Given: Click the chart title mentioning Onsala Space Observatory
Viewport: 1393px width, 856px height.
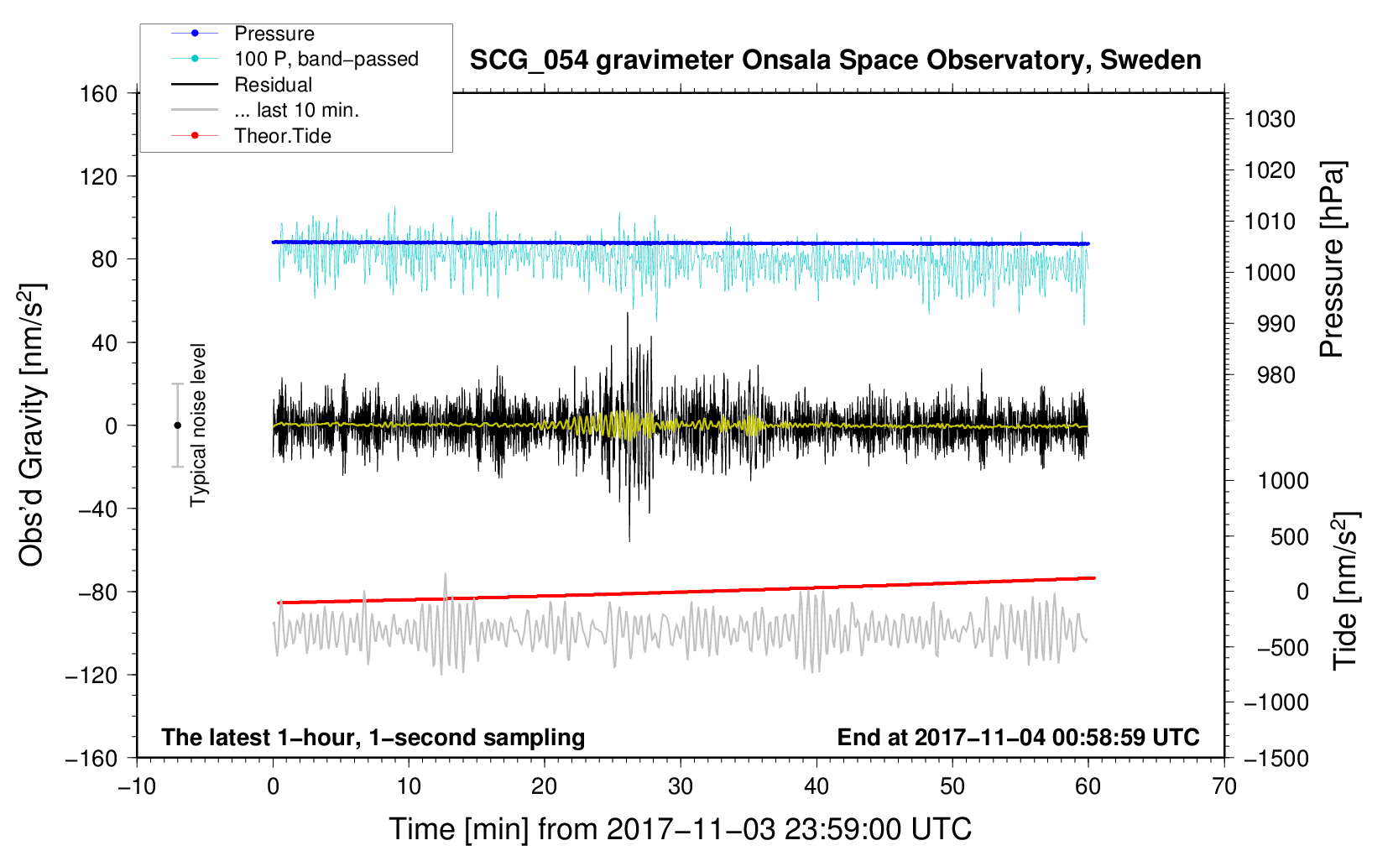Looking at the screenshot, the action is click(835, 60).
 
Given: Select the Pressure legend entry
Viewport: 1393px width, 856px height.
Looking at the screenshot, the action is click(243, 33).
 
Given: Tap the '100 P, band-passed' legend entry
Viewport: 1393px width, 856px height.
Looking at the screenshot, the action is click(295, 59).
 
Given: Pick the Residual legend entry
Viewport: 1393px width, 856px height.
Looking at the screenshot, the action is click(242, 85).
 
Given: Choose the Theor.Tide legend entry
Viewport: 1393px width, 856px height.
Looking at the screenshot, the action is click(251, 136).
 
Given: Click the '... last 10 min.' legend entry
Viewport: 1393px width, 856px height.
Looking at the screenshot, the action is click(265, 110).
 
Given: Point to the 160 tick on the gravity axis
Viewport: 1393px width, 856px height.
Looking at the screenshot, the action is click(99, 94).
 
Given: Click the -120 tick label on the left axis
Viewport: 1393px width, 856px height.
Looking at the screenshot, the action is click(91, 675).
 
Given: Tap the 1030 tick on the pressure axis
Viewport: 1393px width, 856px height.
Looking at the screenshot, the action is click(1270, 119).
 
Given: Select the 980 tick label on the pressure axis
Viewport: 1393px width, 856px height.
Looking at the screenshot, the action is click(1276, 375).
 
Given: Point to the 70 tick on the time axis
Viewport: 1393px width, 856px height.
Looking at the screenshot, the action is click(1223, 786).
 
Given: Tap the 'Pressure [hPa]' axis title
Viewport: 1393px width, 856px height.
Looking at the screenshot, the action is click(1332, 260).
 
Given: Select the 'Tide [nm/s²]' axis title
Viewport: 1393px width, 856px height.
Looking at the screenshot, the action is click(1346, 592).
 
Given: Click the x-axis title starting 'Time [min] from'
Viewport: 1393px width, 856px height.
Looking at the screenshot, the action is click(681, 830).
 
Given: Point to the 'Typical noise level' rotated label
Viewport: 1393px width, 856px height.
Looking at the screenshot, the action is click(198, 425).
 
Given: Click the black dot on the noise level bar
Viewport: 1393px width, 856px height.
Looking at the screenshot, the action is click(177, 425).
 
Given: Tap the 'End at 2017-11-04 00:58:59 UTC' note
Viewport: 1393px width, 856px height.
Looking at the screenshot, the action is click(1018, 737).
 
